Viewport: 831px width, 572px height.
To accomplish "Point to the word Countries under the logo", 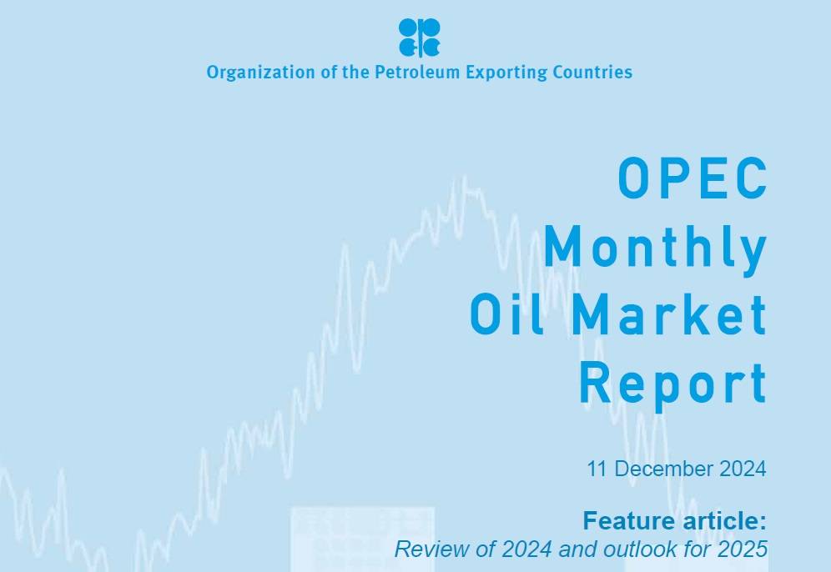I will (591, 73).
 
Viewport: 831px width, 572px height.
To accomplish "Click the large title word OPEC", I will (692, 178).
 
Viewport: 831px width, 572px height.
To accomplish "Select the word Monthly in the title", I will (655, 248).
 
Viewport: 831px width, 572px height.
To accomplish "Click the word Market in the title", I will (671, 315).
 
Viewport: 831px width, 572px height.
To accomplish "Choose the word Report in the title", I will (672, 384).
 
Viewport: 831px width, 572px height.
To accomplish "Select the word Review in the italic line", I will (424, 549).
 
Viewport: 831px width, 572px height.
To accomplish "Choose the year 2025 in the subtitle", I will (743, 549).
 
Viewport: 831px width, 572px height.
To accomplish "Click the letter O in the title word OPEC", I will (633, 178).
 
